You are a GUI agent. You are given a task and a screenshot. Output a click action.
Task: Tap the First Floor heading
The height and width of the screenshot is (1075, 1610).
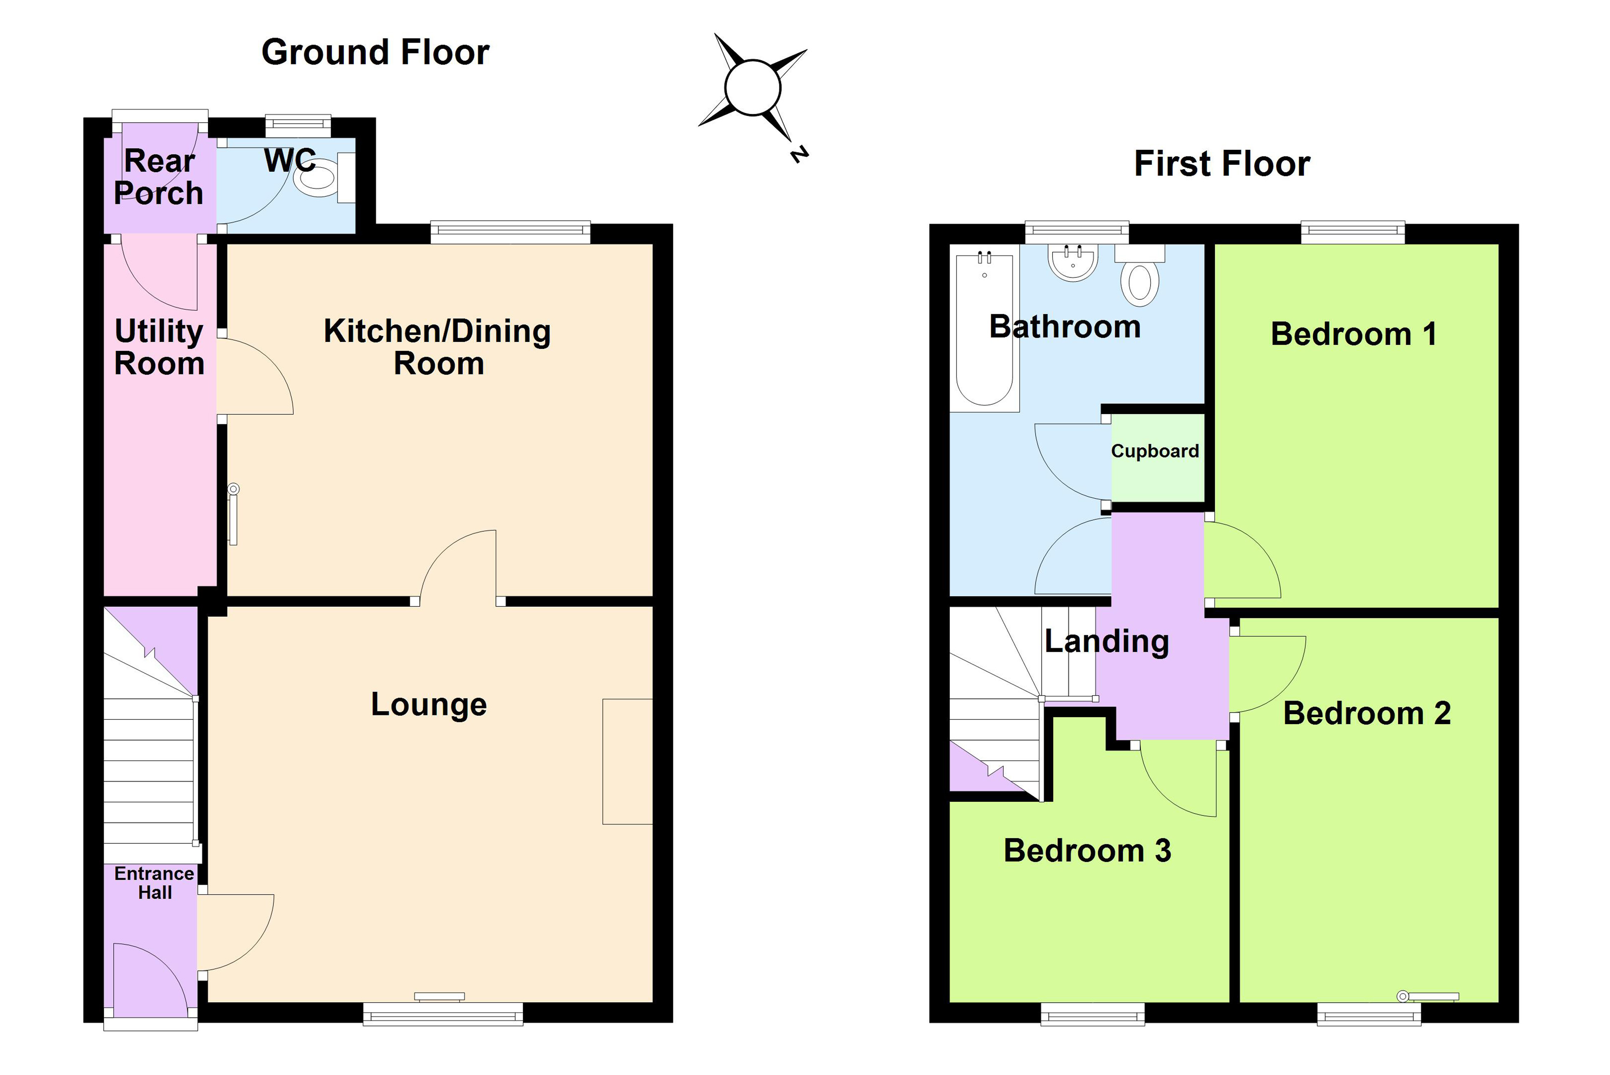point(1222,164)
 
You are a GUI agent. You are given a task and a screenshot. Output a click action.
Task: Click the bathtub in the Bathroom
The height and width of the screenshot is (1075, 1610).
point(984,330)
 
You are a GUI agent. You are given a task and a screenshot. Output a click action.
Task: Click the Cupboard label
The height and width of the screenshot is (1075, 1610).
point(1155,451)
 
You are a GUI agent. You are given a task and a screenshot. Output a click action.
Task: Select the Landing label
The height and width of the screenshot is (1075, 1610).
point(1106,642)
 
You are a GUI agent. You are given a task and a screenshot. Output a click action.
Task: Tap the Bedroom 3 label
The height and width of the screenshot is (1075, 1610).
point(1087,851)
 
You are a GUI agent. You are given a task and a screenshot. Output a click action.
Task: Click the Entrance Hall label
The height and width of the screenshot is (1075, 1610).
point(154,883)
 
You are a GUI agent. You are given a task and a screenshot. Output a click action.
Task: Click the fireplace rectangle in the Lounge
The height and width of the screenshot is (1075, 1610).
point(627,761)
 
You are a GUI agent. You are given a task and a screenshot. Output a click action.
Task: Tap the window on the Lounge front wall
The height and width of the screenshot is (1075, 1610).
point(443,1013)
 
